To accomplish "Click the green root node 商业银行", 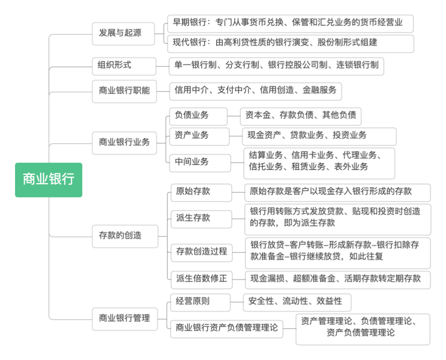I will point(48,179).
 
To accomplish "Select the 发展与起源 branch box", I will point(120,33).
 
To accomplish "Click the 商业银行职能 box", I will point(124,90).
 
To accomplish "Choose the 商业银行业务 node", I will point(124,142).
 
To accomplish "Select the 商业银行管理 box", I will point(124,317).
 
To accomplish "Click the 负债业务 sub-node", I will point(198,115).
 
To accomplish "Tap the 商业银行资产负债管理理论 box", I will point(227,328).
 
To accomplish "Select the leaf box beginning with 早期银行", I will point(290,23).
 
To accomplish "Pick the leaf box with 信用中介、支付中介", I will point(255,90).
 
